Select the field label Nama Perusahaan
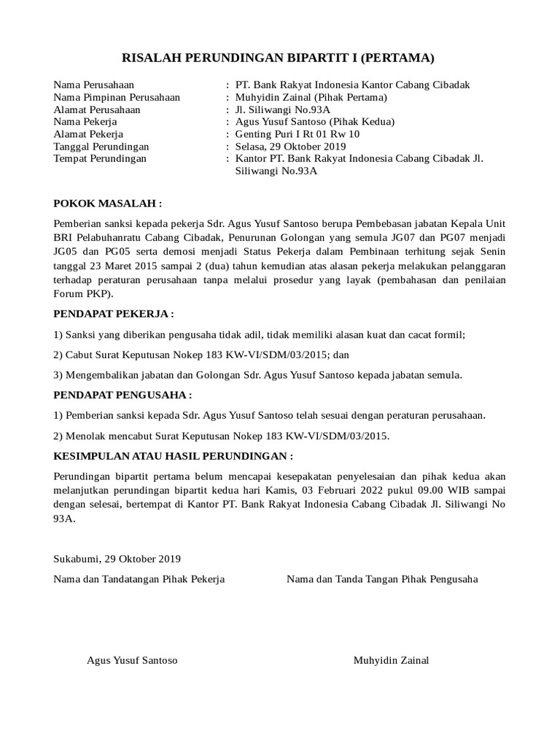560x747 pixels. (94, 85)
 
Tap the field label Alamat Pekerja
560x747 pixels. (88, 134)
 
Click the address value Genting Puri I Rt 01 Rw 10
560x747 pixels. (297, 134)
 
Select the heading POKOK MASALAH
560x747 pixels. (106, 203)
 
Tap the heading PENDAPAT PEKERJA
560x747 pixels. (114, 314)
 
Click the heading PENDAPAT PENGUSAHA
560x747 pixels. (122, 395)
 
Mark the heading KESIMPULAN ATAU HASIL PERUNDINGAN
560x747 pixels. (174, 456)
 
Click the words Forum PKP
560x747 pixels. (82, 294)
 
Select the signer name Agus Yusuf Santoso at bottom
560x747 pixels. (132, 660)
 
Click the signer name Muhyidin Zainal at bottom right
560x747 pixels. (391, 660)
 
